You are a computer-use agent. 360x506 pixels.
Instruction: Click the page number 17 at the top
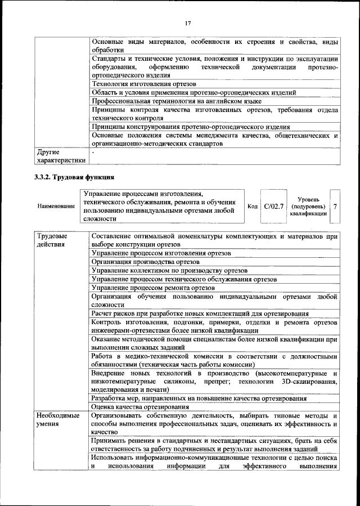(188, 23)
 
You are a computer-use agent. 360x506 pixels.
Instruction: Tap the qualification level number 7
(335, 207)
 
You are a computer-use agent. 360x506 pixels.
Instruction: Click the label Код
(253, 207)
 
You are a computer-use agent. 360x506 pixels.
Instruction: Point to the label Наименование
(56, 207)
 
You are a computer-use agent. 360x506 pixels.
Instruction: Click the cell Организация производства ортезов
(147, 261)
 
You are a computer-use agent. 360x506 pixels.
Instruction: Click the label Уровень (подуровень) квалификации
(308, 207)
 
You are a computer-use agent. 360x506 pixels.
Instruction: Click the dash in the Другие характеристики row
(93, 152)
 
